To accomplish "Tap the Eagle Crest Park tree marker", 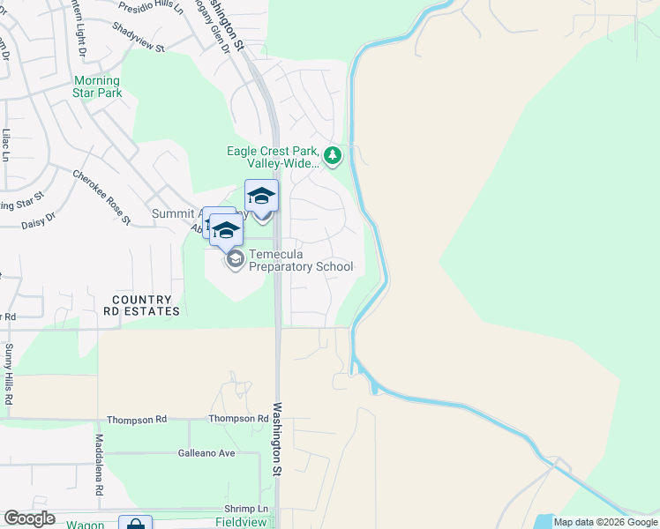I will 333,157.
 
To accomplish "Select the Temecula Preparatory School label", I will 300,261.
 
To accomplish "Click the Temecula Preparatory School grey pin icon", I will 236,259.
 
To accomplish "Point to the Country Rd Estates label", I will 146,306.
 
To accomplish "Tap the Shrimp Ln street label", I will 251,510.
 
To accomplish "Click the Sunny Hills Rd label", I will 10,375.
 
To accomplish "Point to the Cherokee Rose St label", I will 101,197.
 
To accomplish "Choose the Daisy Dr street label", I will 38,220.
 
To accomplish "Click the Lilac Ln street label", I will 6,145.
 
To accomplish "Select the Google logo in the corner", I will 29,518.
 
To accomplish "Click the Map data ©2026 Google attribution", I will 605,522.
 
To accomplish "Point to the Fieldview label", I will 241,523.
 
